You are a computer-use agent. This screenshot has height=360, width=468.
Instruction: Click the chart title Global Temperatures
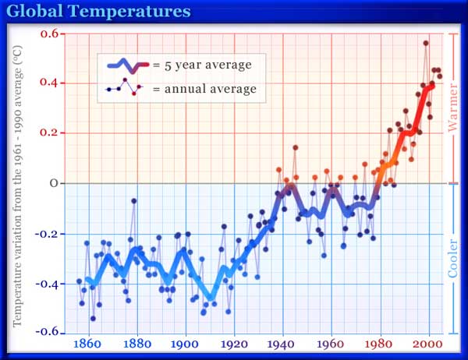coord(98,12)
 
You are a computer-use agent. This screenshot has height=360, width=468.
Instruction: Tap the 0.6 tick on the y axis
coord(49,34)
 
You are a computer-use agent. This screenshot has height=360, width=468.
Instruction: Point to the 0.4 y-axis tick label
coord(49,83)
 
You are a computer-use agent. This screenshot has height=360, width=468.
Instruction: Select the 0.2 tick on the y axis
coord(49,133)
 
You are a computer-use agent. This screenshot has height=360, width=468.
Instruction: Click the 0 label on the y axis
coord(55,183)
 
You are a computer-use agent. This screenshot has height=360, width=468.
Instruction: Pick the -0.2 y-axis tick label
coord(48,234)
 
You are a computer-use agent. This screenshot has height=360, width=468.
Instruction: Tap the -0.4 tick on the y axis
coord(48,284)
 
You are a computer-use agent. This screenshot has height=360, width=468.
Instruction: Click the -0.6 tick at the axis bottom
coord(48,333)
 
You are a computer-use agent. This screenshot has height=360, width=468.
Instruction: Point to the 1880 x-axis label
coord(136,344)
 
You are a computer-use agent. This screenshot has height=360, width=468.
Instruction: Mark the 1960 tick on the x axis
coord(331,344)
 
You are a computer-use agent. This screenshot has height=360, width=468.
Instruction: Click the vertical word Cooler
coord(453,256)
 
